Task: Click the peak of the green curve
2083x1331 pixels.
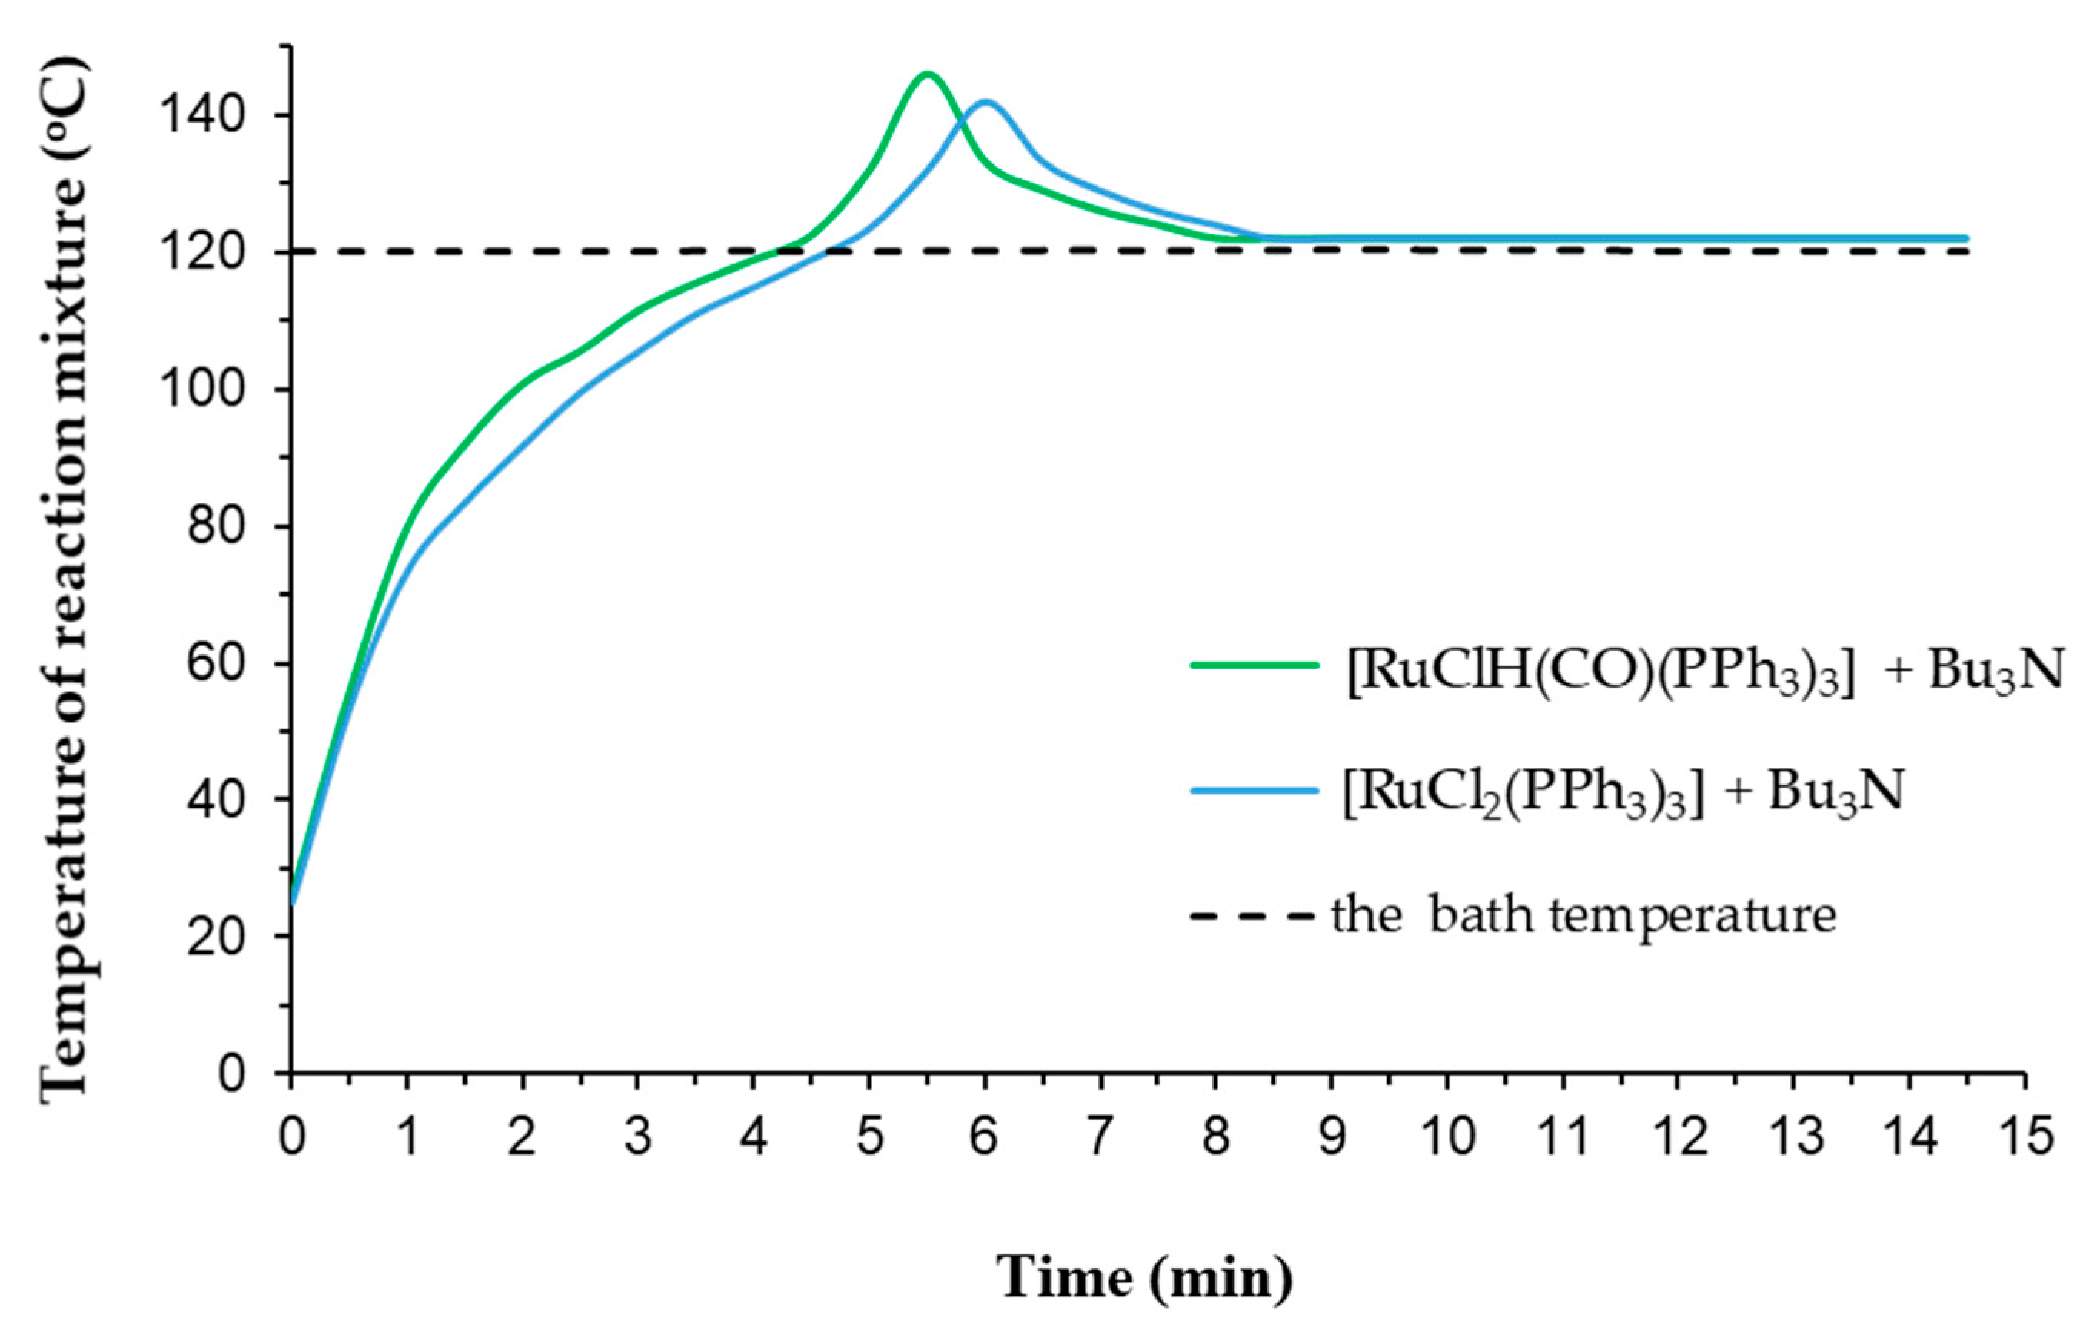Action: [x=926, y=74]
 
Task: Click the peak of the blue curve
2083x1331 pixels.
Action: [x=985, y=102]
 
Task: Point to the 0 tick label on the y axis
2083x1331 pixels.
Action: [x=230, y=1074]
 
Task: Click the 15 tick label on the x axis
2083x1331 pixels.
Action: [x=2024, y=1135]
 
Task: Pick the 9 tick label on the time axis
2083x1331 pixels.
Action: [x=1331, y=1135]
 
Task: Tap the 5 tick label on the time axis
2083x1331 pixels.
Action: [x=869, y=1135]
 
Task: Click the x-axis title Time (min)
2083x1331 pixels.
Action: [x=1144, y=1276]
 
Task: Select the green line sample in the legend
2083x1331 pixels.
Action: [x=1254, y=665]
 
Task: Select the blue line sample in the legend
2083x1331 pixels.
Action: [x=1254, y=789]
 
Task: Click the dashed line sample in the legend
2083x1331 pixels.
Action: [x=1254, y=915]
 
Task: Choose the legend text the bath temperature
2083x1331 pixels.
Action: [x=1583, y=915]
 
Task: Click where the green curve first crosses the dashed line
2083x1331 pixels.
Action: [x=779, y=251]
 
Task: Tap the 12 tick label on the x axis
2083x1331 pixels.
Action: [x=1677, y=1135]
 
